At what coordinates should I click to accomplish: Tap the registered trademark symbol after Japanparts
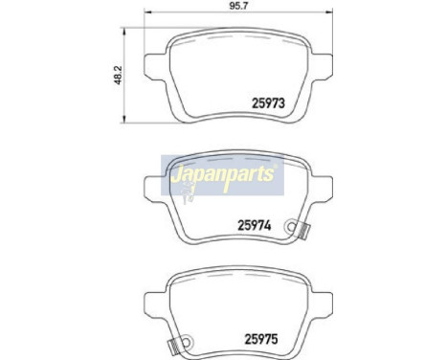coord(276,169)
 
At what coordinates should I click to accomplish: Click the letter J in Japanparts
coord(176,178)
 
